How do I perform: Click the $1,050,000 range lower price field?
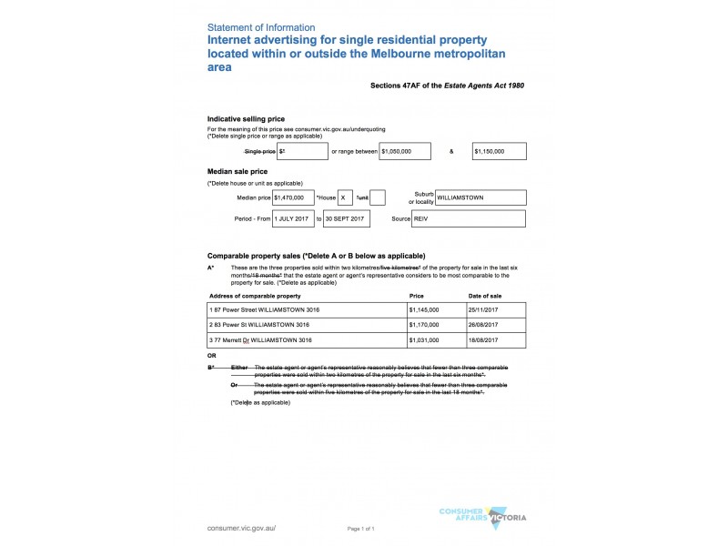(406, 151)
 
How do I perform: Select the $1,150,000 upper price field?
(499, 151)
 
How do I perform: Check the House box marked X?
(345, 197)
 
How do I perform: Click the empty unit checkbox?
(379, 197)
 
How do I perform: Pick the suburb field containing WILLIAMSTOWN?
(480, 197)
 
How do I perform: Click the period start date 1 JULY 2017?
(292, 219)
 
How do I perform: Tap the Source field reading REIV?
(468, 219)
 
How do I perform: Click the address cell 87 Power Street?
(306, 310)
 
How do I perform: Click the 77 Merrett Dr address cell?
(306, 340)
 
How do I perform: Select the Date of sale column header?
(484, 297)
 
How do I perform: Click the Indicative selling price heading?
(246, 119)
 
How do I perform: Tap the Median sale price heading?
(238, 171)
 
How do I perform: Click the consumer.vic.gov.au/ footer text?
(241, 528)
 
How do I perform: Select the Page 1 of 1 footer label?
(361, 529)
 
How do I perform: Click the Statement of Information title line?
(261, 27)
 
